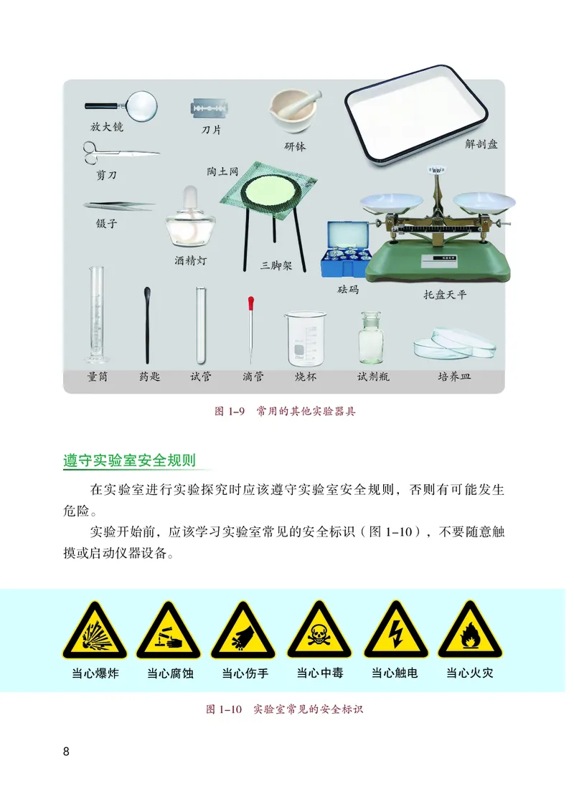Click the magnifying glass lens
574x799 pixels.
(141, 105)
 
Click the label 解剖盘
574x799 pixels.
(481, 144)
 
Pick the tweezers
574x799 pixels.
(119, 206)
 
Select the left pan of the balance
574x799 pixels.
(390, 204)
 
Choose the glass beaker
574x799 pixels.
(304, 337)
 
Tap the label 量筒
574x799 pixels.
(97, 377)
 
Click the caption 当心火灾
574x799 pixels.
(469, 673)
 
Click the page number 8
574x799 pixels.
(67, 752)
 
